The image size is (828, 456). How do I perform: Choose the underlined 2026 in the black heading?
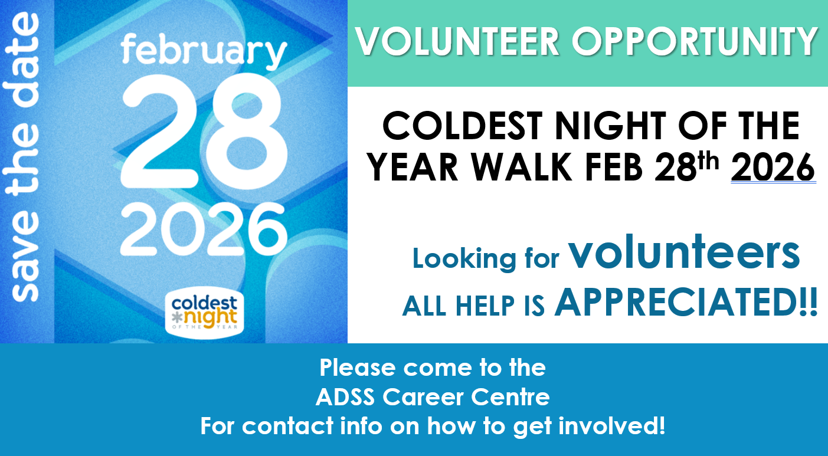click(x=773, y=168)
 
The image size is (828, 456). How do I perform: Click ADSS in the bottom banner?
click(x=345, y=398)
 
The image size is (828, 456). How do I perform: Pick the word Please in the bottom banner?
click(x=357, y=368)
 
